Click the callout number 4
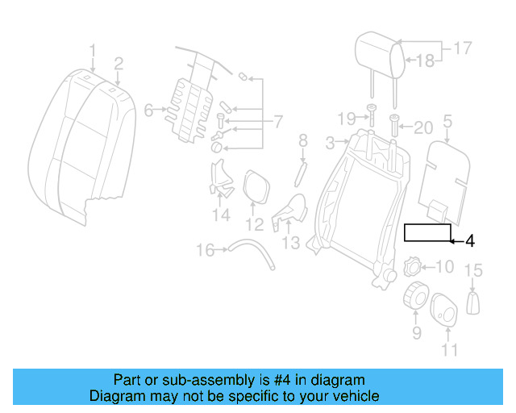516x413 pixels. (x=470, y=241)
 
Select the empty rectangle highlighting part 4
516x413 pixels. (x=427, y=233)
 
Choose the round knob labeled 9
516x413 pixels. (x=415, y=297)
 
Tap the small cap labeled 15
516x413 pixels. (x=474, y=302)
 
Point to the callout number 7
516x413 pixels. (x=277, y=123)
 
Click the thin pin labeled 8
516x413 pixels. (x=302, y=171)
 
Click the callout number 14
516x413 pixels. (x=221, y=215)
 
